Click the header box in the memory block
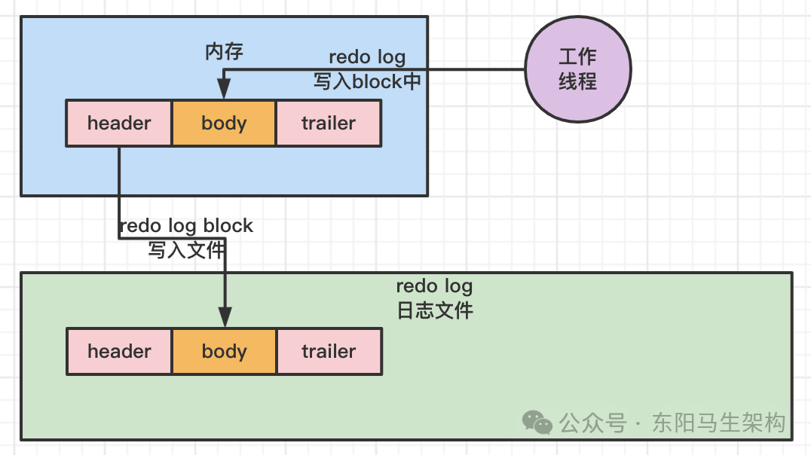coord(119,124)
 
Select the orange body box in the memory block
coord(224,124)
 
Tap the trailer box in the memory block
coord(329,124)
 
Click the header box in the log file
coord(120,352)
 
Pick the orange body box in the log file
coord(225,352)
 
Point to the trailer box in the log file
coord(329,352)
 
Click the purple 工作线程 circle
coord(578,69)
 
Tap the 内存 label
coord(224,51)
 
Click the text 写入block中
coord(367,81)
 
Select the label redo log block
coord(186,226)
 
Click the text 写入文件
coord(187,250)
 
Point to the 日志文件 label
coord(435,311)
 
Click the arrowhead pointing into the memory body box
coord(224,89)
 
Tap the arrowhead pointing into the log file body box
coord(225,317)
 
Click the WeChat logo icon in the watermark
coord(537,423)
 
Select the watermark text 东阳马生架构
coord(718,423)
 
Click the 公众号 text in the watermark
coord(592,423)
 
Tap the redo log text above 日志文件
coord(434,286)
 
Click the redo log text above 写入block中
coord(367,57)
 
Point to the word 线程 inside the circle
coord(578,81)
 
